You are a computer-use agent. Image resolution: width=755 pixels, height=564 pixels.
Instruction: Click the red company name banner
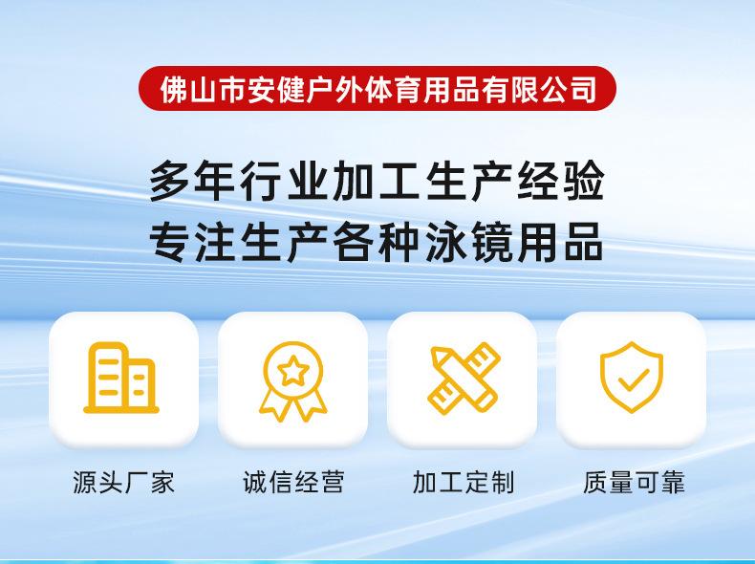coord(377,89)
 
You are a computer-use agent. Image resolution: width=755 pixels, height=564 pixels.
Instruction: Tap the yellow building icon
coord(121,378)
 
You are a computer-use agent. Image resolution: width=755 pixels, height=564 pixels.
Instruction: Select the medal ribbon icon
coord(292,381)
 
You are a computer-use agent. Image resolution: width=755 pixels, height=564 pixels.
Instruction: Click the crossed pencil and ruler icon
coord(464,379)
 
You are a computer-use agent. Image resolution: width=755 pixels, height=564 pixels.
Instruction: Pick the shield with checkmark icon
coord(632,378)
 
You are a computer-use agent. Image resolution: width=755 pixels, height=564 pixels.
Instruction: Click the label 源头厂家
coord(123,482)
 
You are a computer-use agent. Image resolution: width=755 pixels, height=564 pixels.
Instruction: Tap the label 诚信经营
coord(293,482)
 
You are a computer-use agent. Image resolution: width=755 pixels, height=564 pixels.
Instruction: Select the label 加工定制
coord(464,482)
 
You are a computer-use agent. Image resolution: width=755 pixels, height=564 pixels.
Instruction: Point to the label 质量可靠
coord(634,482)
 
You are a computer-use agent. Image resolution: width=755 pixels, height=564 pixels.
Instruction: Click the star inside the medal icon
coord(292,371)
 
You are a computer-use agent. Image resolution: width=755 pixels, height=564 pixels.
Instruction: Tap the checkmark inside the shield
coord(634,380)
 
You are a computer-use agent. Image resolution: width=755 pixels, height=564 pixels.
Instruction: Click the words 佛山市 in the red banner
coord(203,89)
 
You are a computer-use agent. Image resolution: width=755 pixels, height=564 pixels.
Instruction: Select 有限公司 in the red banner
coord(539,89)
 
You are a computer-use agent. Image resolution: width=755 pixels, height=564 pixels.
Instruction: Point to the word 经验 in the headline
coord(561,182)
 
